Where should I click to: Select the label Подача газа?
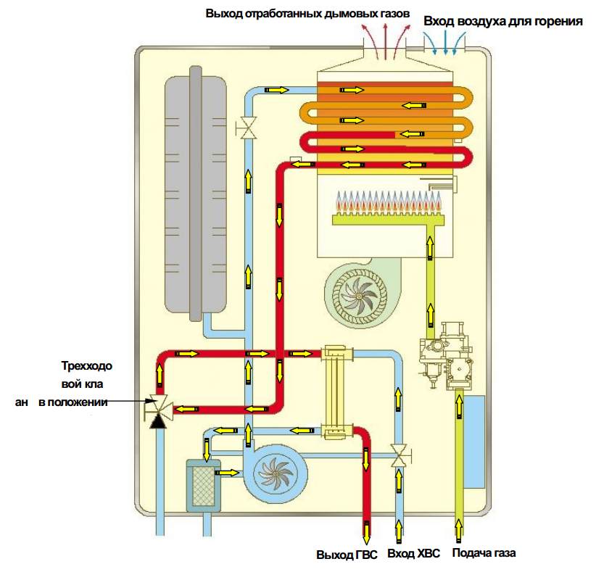click(x=484, y=555)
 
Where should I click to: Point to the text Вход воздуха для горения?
click(x=503, y=21)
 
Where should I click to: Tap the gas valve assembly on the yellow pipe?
click(x=444, y=361)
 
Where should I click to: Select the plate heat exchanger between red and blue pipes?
click(x=336, y=391)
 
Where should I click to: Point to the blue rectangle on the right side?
click(x=474, y=442)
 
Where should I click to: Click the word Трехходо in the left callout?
click(x=86, y=365)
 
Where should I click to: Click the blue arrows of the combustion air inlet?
click(x=444, y=40)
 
